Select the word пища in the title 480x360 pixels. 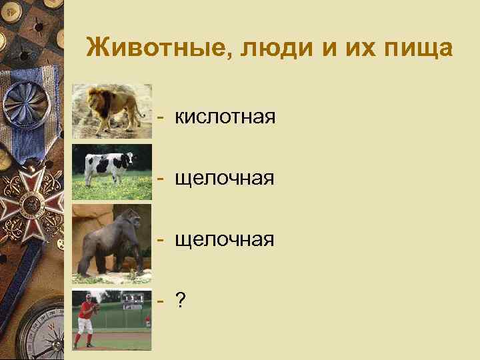[415, 48]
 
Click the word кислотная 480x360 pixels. [225, 118]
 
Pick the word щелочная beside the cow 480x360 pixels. [225, 178]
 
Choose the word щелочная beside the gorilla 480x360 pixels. [225, 239]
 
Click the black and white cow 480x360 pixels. [107, 163]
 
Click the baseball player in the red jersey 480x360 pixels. [85, 317]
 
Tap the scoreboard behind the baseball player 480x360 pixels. [133, 301]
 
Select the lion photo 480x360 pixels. [111, 110]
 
